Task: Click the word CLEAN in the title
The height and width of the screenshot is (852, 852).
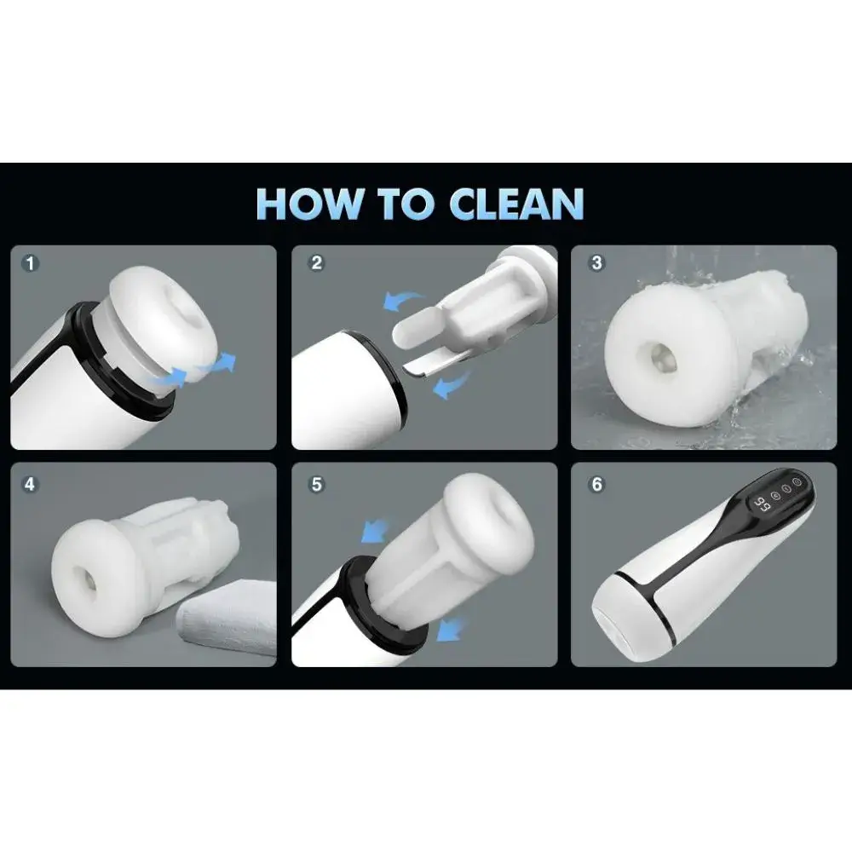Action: pos(516,204)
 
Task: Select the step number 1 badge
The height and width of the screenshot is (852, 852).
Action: pos(30,264)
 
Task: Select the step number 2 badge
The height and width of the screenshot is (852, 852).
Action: pos(316,263)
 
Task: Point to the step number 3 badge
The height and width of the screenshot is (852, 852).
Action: pos(596,263)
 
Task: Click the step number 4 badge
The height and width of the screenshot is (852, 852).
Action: pos(30,484)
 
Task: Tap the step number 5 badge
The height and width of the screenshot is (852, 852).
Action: pos(316,484)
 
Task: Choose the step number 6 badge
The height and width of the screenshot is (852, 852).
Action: pos(596,484)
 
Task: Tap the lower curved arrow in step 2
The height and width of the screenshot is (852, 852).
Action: pos(451,383)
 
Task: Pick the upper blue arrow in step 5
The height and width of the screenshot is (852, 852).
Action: pos(376,530)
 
